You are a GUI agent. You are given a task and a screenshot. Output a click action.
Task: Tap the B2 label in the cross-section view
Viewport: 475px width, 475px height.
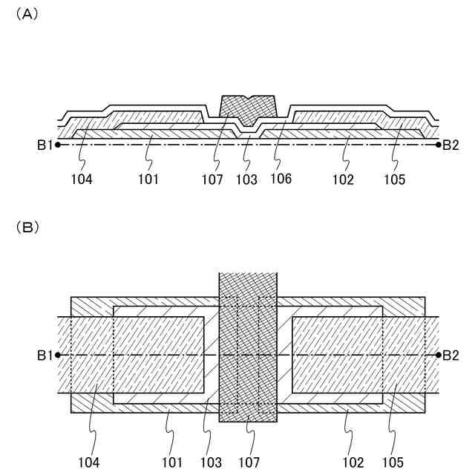click(451, 145)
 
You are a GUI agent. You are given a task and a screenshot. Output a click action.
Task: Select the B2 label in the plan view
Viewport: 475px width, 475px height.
click(451, 356)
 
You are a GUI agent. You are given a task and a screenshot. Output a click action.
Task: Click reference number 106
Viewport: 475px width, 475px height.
click(281, 179)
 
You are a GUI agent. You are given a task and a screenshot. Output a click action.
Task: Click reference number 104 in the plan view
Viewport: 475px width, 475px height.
click(90, 462)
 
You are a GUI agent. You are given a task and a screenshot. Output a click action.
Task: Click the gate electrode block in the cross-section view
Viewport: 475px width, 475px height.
click(249, 108)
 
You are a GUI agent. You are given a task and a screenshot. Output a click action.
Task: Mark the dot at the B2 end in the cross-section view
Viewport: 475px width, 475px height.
click(439, 145)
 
